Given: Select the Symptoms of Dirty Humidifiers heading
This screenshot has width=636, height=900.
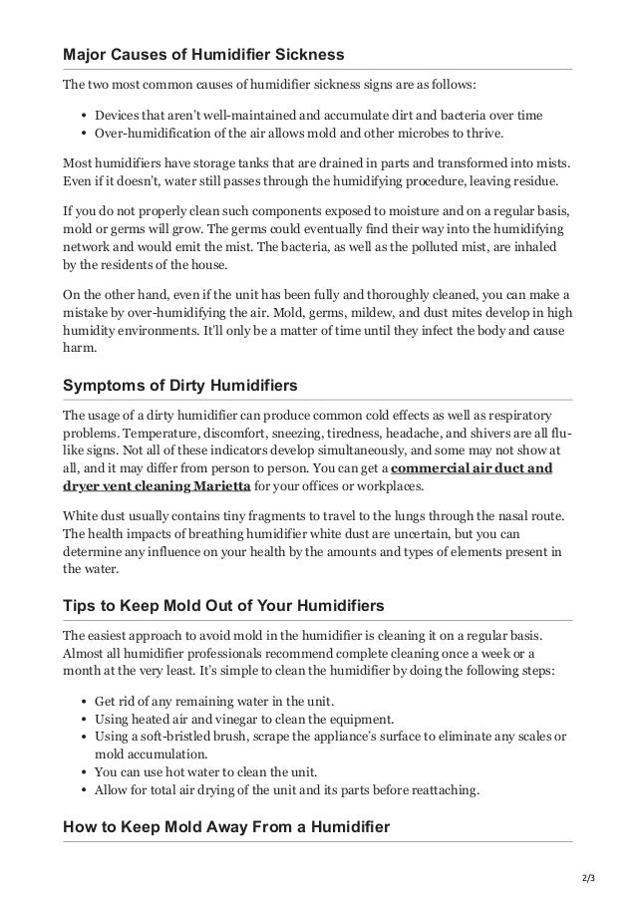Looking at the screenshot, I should click(x=181, y=385).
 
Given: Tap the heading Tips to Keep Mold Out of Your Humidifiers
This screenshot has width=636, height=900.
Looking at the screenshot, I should click(x=226, y=607).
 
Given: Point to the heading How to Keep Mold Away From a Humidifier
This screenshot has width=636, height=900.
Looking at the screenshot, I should click(x=225, y=825).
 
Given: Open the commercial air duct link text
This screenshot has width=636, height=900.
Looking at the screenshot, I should click(x=472, y=467).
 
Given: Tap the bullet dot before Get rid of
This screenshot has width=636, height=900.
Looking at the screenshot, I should click(x=81, y=700).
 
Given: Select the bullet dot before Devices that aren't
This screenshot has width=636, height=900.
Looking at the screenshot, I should click(x=81, y=115).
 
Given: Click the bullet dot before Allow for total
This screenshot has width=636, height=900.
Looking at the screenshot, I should click(x=81, y=789).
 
